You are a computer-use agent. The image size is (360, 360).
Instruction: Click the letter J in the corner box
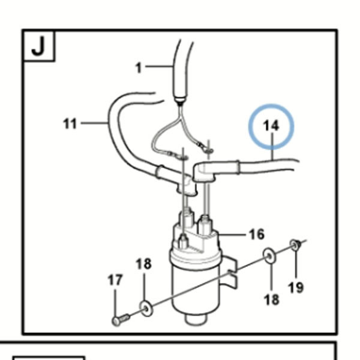pos(38,46)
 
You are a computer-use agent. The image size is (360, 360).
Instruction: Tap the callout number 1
pos(139,68)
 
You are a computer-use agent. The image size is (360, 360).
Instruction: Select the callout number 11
pos(70,124)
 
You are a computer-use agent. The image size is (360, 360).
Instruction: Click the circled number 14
pos(271,126)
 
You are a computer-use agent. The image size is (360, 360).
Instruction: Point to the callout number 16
pos(257,235)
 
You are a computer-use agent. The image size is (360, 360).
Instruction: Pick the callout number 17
pos(115,280)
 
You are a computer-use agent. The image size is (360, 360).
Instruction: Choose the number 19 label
pos(296,287)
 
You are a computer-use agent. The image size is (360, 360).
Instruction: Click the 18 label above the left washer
pos(144,264)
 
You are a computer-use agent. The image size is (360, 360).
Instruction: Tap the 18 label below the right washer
pos(272,299)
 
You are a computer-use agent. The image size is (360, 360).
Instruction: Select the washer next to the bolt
pos(146,308)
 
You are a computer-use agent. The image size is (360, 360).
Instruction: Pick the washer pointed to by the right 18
pos(269,256)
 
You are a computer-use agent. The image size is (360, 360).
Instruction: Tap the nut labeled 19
pos(295,245)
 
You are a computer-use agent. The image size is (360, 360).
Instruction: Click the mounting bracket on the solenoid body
pos(232,272)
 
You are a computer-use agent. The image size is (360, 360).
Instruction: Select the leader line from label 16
pos(232,235)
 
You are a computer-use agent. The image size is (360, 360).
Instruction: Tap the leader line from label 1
pos(159,67)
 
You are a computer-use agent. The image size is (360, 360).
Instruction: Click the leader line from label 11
pos(94,123)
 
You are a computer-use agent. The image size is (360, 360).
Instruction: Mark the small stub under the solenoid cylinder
pos(196,319)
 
